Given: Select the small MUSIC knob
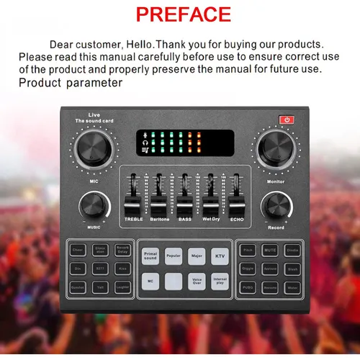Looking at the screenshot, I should pyautogui.click(x=94, y=205).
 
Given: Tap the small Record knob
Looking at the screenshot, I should pyautogui.click(x=276, y=207).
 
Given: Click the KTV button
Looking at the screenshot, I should pyautogui.click(x=220, y=256).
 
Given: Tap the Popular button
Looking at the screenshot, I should pyautogui.click(x=173, y=256).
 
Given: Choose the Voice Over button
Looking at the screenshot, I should pyautogui.click(x=197, y=281).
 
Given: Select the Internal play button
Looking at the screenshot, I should pyautogui.click(x=220, y=281).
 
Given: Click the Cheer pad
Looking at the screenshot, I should pyautogui.click(x=78, y=251).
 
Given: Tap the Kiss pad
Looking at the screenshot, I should pyautogui.click(x=122, y=269).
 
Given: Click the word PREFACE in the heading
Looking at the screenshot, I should pyautogui.click(x=183, y=14).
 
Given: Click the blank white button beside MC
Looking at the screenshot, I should pyautogui.click(x=173, y=281).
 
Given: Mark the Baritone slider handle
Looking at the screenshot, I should pyautogui.click(x=159, y=198).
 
